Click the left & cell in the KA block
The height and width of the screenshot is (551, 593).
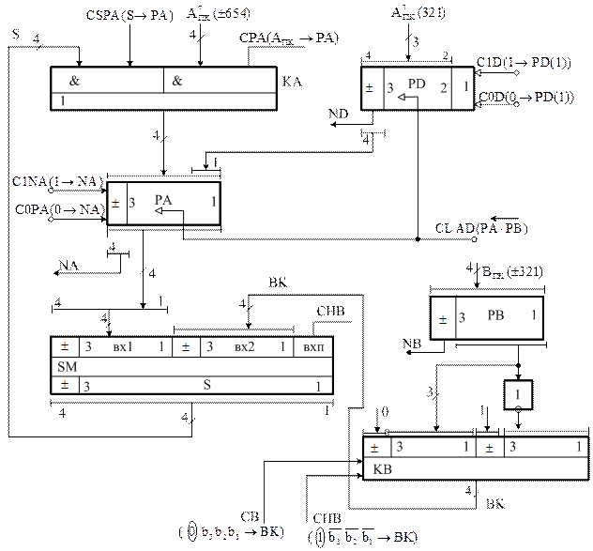click(75, 82)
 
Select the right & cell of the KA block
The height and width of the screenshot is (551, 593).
click(175, 82)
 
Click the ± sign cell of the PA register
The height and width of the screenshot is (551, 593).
click(116, 202)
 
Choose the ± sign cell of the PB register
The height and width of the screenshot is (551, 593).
click(442, 319)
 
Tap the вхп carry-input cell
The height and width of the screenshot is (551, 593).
click(312, 346)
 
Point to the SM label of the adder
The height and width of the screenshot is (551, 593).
click(64, 365)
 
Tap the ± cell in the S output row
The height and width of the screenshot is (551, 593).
click(64, 385)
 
